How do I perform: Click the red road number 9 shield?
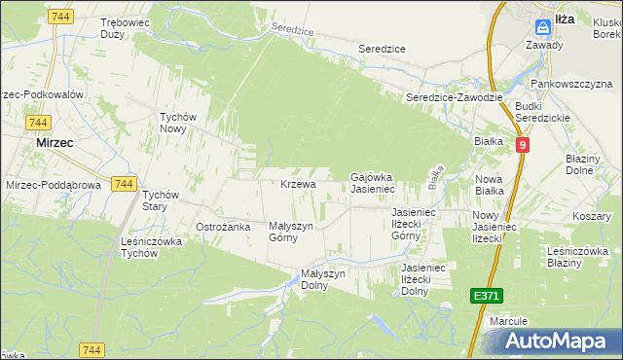523,145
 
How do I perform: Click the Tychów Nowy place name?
179,123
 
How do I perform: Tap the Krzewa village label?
298,184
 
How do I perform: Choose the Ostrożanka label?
224,227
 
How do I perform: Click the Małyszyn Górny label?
290,231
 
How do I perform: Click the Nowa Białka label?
491,185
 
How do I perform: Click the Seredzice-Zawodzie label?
454,97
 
